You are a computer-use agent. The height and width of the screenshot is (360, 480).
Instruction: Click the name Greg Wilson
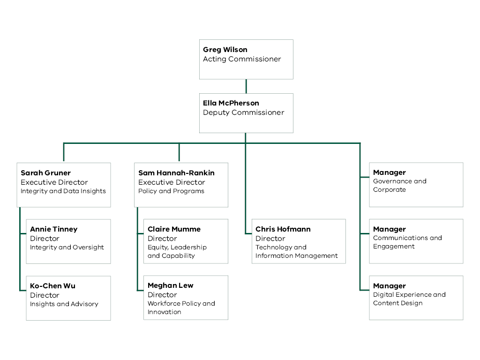click(x=225, y=50)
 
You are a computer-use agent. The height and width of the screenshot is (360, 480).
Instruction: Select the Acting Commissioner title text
click(x=242, y=59)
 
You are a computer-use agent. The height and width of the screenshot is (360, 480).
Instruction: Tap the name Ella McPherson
click(x=231, y=103)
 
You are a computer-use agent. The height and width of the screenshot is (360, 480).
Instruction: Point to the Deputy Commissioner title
click(x=243, y=112)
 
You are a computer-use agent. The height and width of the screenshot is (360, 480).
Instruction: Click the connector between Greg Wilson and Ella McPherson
click(x=246, y=86)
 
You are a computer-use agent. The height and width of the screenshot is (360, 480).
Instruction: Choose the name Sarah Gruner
click(x=45, y=173)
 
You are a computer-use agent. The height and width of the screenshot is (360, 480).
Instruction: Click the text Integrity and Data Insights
click(x=63, y=191)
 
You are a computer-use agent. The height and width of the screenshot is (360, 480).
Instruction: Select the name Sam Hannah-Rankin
click(x=176, y=173)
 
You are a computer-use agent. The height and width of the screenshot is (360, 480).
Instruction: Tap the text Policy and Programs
click(x=171, y=191)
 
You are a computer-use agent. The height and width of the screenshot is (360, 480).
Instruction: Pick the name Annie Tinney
click(x=53, y=229)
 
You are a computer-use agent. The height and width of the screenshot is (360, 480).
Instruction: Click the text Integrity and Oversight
click(x=67, y=247)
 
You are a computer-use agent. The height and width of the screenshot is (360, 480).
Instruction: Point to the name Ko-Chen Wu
click(x=52, y=286)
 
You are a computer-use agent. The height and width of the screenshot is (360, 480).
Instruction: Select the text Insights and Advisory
click(x=64, y=304)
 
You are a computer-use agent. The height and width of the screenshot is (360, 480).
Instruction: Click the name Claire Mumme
click(x=174, y=229)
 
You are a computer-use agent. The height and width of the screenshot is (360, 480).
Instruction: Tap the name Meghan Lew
click(x=170, y=285)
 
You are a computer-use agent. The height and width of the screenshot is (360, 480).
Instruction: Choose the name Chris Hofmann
click(x=283, y=229)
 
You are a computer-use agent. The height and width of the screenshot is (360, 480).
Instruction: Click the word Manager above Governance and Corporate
click(x=389, y=172)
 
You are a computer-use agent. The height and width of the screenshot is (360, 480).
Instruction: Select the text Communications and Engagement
click(x=407, y=242)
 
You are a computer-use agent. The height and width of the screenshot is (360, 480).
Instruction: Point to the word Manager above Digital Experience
click(x=389, y=286)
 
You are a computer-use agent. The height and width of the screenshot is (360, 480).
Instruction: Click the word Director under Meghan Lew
click(x=162, y=295)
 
